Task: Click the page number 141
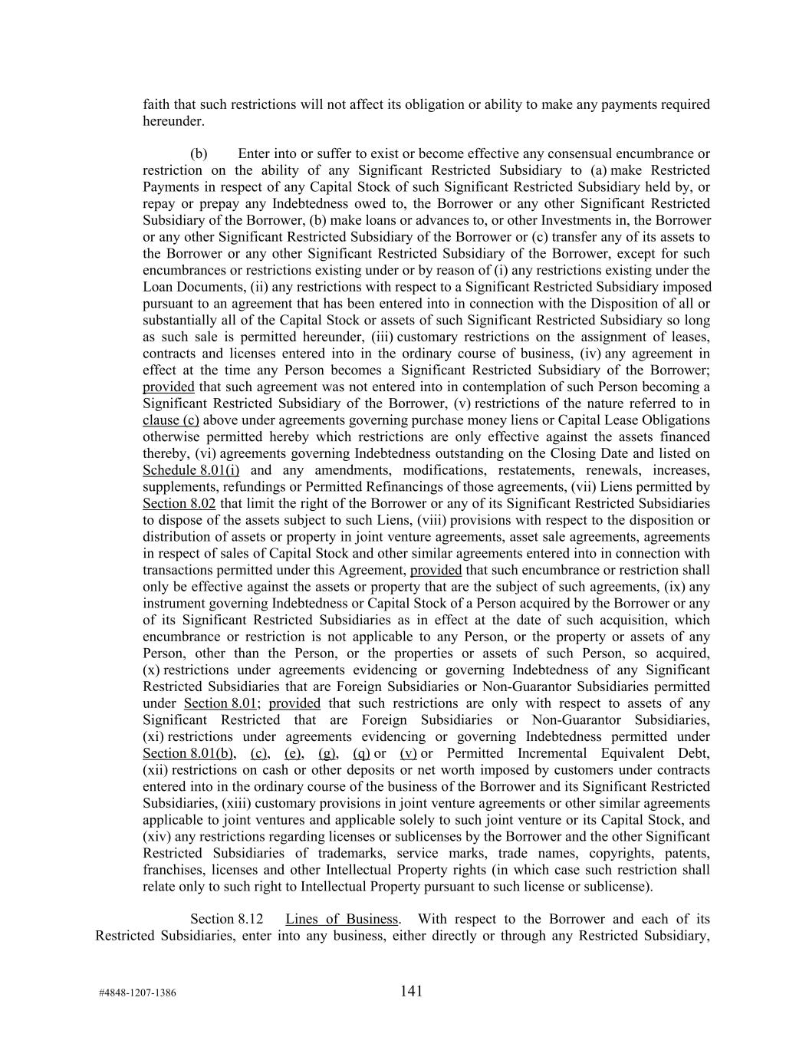(x=411, y=991)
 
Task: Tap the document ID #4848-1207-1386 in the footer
(x=137, y=993)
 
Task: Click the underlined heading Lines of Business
(x=341, y=919)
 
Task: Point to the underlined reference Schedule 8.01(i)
(x=191, y=470)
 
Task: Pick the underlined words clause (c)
(x=171, y=420)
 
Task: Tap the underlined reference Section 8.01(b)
(x=189, y=753)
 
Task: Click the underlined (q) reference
(x=361, y=753)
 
